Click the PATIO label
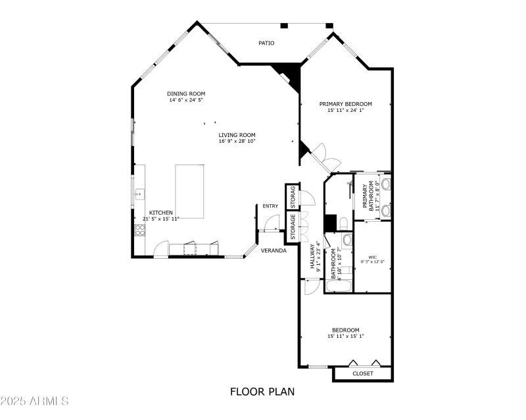tap(266, 43)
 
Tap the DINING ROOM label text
tap(186, 93)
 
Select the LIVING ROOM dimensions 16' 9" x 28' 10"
tap(237, 141)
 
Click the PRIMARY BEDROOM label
tap(346, 103)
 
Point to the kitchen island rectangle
tap(190, 191)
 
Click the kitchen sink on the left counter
tap(139, 194)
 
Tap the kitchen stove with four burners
tap(139, 230)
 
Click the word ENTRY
tap(270, 206)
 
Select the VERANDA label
tap(273, 251)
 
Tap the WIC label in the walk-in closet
tap(373, 257)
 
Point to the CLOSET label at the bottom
tap(362, 373)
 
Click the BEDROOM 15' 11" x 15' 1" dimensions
tap(346, 336)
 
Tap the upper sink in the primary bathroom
tap(386, 184)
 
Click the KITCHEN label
tap(161, 213)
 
